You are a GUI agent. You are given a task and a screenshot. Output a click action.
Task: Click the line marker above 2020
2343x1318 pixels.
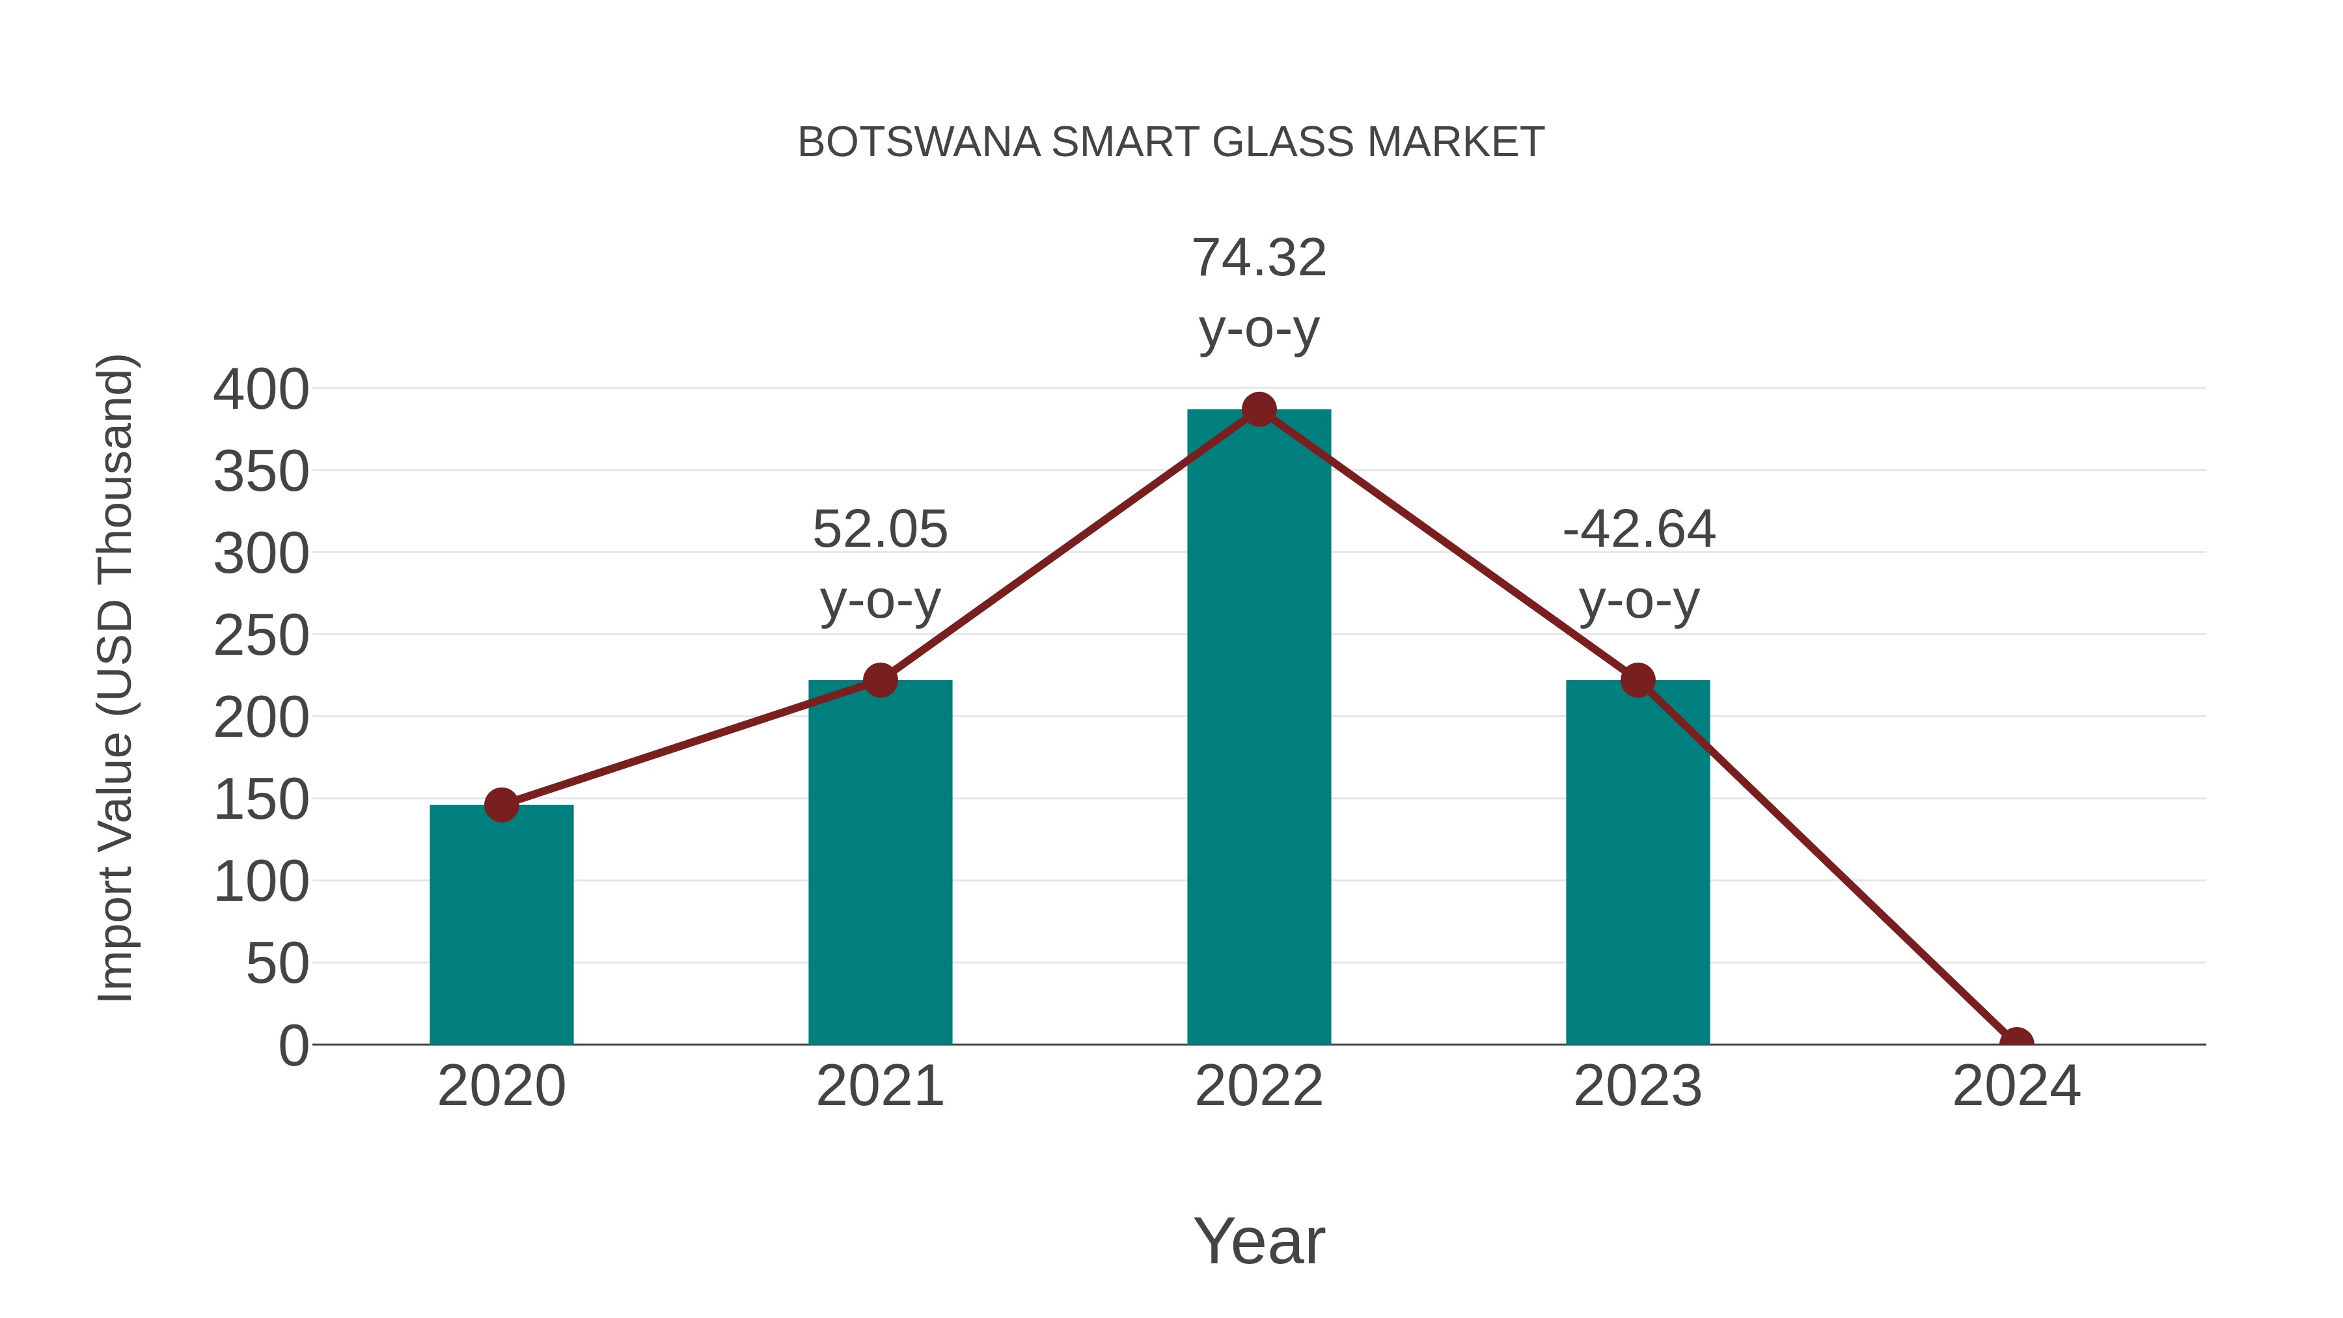pos(501,805)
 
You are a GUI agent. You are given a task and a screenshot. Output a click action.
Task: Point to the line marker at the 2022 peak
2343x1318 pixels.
pos(1259,410)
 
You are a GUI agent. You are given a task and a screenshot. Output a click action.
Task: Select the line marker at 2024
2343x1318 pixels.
pos(2016,1043)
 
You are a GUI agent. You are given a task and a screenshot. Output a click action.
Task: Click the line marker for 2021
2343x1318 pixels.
pos(879,680)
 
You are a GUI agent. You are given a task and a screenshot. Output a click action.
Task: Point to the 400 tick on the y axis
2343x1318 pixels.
pos(261,391)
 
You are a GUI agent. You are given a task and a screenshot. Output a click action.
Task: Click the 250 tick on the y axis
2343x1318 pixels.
pos(261,636)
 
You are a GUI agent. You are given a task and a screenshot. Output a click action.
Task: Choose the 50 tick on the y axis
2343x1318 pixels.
pos(277,964)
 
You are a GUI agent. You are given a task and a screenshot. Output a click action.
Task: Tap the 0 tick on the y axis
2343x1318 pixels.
pos(294,1046)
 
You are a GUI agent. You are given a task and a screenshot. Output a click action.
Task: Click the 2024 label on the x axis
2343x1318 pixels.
pos(2016,1086)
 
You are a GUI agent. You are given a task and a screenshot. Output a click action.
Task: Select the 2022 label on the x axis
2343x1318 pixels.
pos(1259,1086)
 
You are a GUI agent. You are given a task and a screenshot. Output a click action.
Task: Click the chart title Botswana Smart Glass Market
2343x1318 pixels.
pos(1171,143)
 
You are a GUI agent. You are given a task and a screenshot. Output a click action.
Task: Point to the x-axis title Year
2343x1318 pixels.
pos(1259,1241)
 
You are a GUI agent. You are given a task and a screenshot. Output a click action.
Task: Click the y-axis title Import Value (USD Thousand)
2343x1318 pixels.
pos(116,678)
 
